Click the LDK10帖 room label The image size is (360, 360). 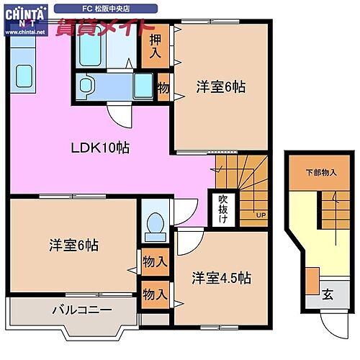coord(100,148)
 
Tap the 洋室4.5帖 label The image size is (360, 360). coord(222,276)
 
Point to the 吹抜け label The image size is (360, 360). coord(223,207)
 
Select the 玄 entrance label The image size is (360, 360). coord(328,293)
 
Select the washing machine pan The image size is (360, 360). coord(143,86)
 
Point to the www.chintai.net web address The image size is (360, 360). coord(24,32)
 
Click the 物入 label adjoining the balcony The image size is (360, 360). coord(155,294)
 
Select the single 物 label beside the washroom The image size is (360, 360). coord(163,87)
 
